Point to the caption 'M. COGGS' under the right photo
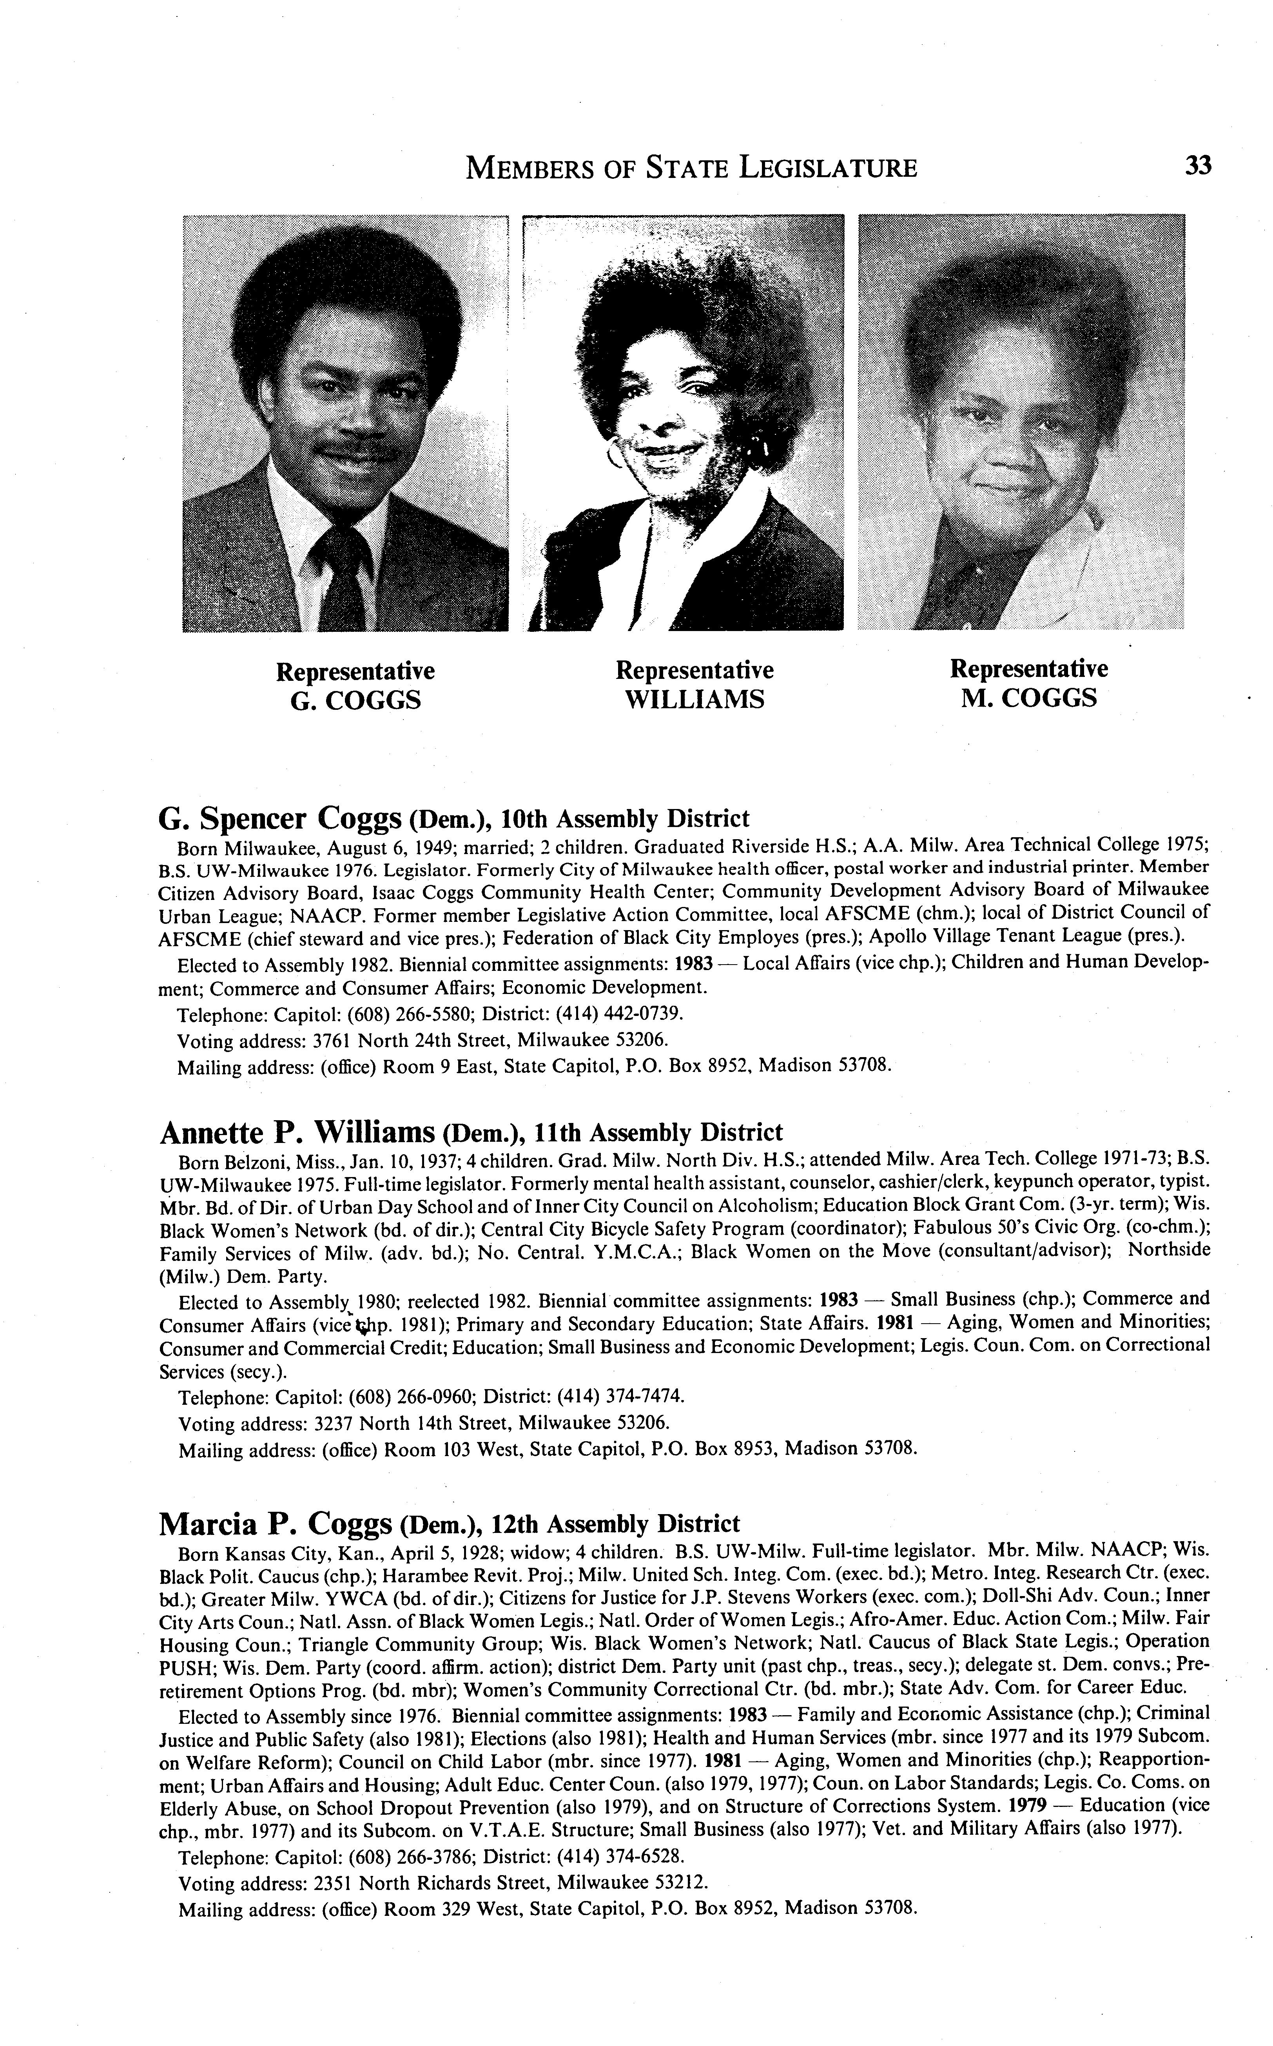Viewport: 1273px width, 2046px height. pyautogui.click(x=1029, y=697)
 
